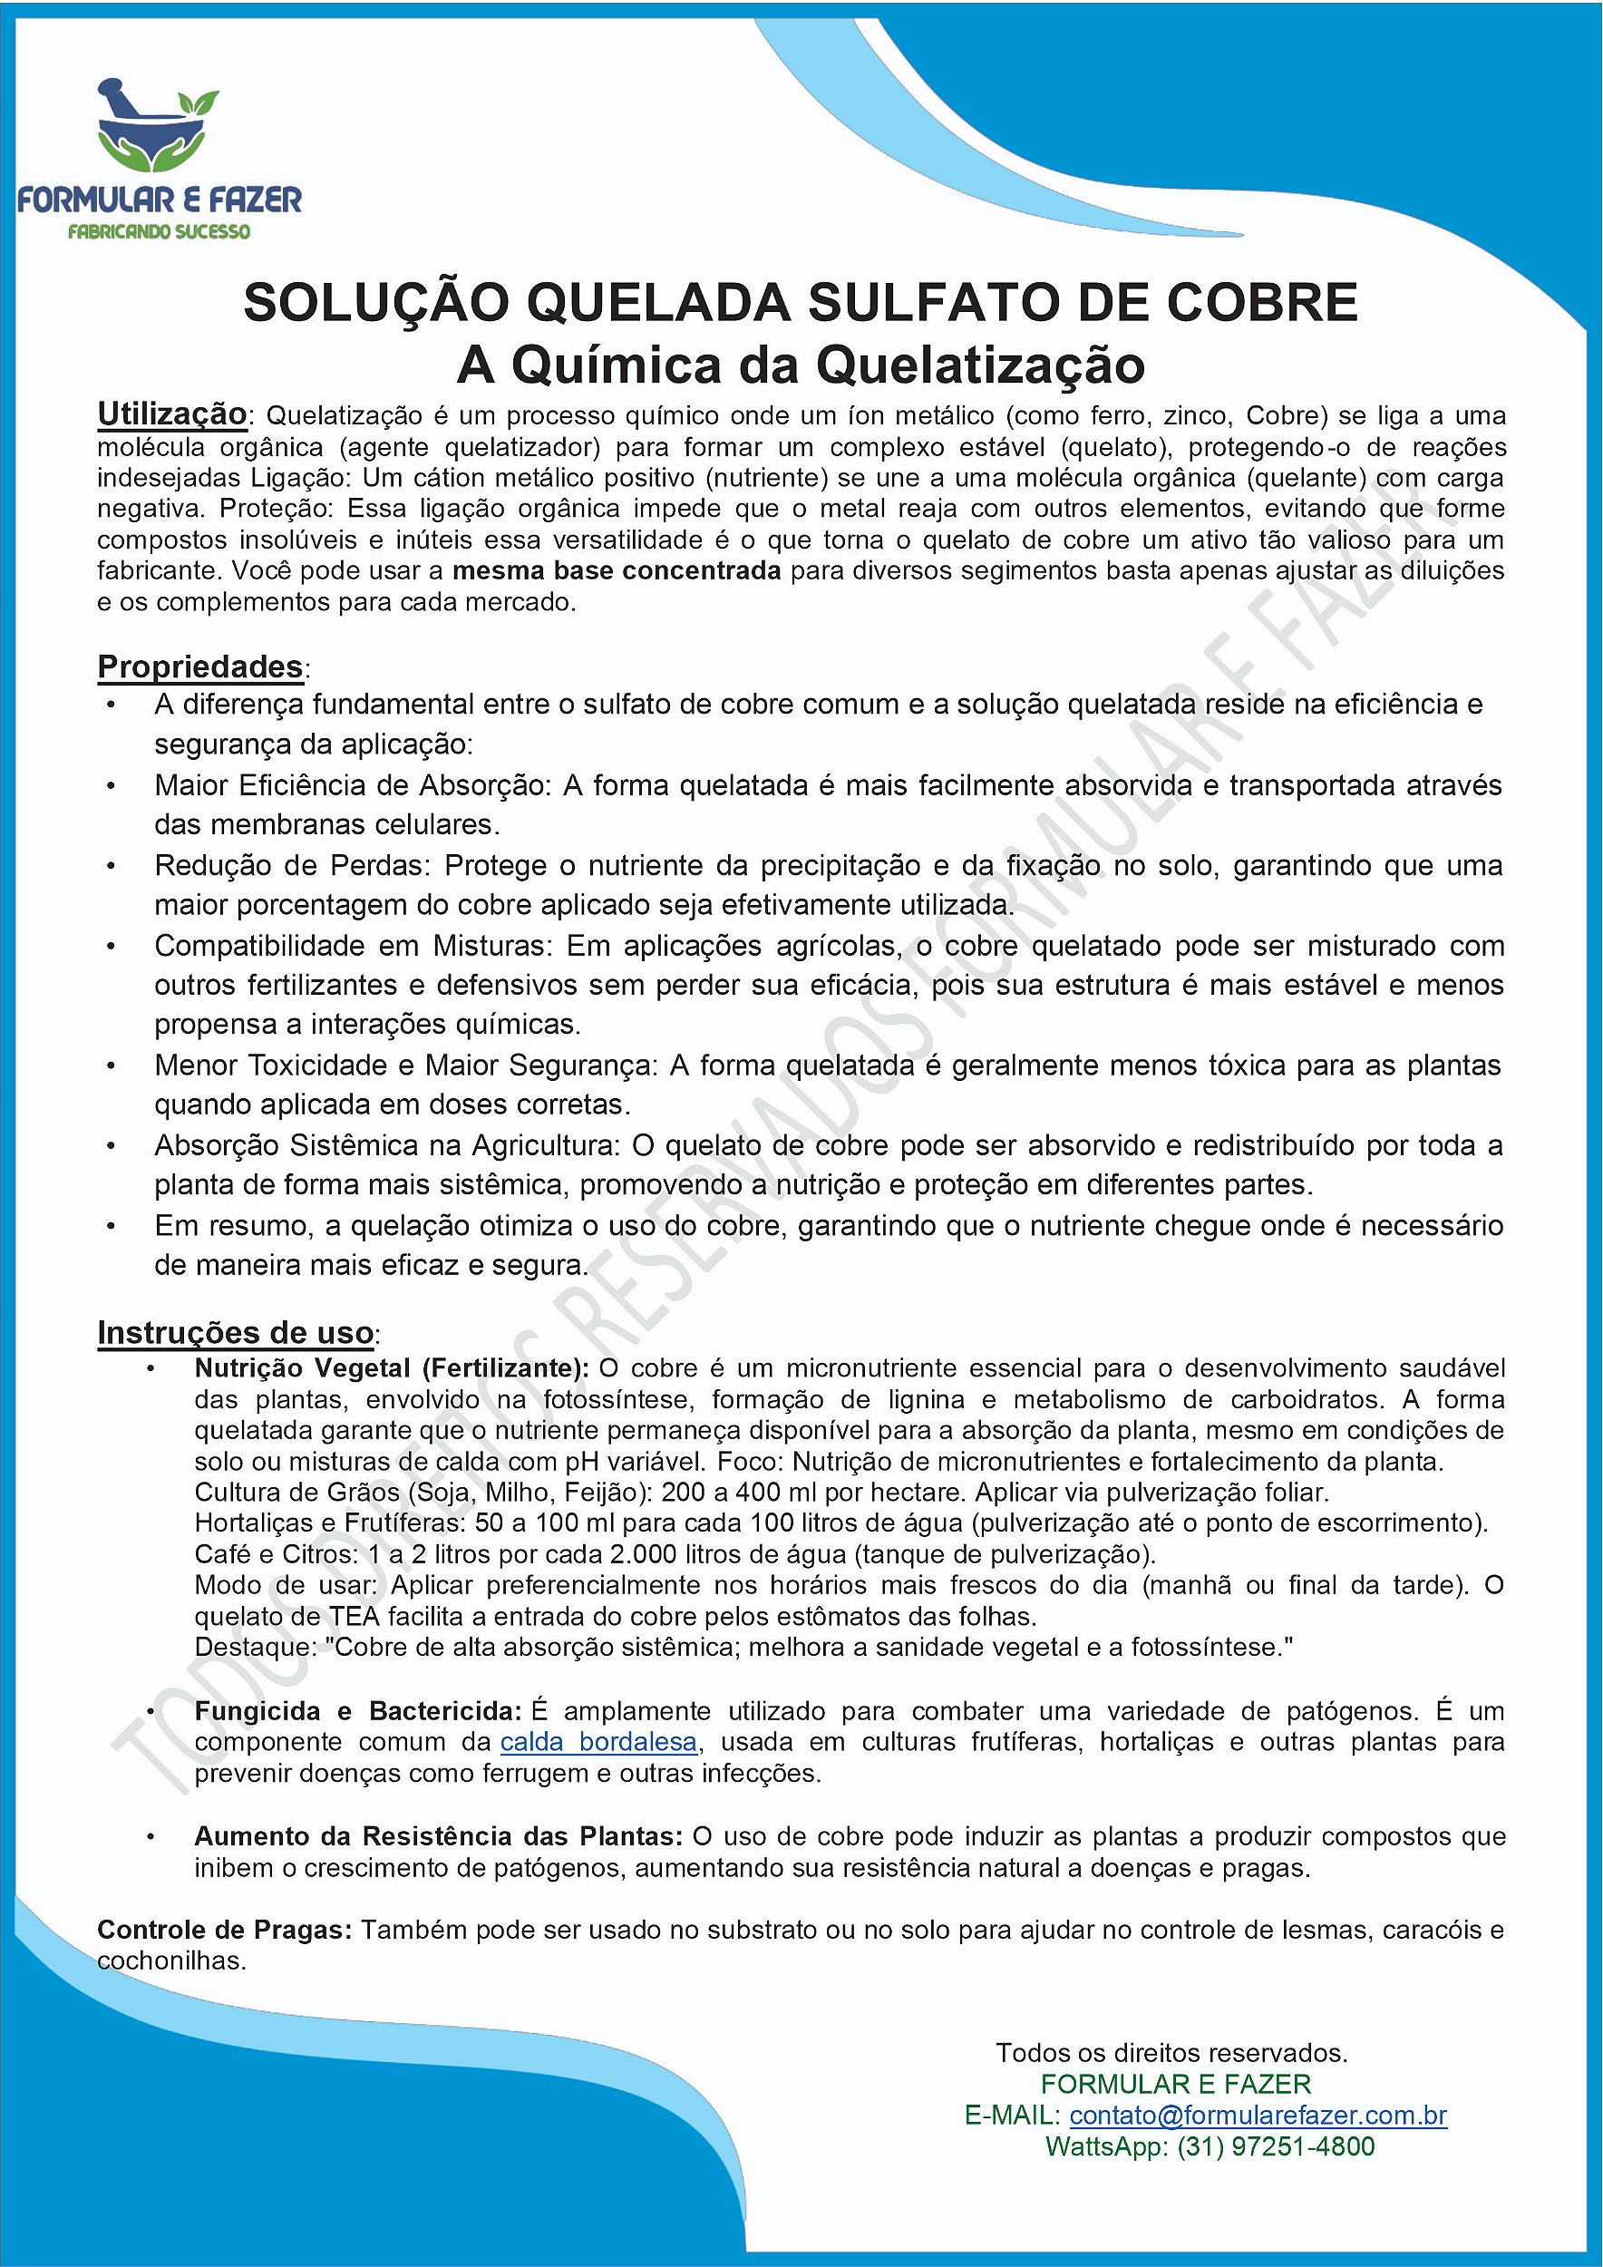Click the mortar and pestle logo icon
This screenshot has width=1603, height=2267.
(156, 125)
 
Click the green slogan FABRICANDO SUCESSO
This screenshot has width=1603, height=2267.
(158, 232)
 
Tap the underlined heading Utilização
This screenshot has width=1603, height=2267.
(171, 414)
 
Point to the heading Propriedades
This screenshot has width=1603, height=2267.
(199, 666)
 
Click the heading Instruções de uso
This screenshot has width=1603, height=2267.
(235, 1332)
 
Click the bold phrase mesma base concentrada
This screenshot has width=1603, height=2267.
(616, 570)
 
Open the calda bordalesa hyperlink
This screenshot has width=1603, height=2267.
(598, 1742)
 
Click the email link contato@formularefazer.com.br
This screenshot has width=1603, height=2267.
(1258, 2115)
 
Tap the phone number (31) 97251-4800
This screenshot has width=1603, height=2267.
(1276, 2146)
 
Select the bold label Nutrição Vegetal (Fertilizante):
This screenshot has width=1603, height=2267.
(391, 1368)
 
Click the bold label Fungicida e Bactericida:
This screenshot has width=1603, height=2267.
(357, 1711)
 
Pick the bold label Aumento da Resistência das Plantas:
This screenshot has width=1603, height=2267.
(438, 1836)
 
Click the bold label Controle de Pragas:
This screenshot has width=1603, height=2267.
(224, 1931)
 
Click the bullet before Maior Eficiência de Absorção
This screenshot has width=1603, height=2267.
(111, 786)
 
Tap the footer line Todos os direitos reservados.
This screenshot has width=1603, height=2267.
(1171, 2053)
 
